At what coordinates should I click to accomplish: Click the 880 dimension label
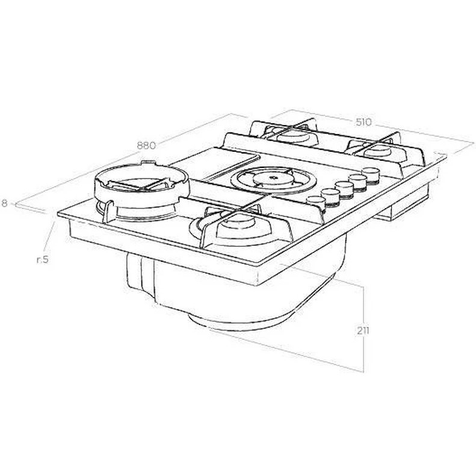click(146, 146)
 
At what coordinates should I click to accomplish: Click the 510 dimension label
click(363, 122)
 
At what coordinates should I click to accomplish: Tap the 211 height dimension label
click(362, 330)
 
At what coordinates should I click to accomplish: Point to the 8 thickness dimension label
click(4, 203)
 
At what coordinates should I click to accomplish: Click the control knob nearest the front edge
click(316, 202)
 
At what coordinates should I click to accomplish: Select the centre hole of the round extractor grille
click(273, 178)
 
